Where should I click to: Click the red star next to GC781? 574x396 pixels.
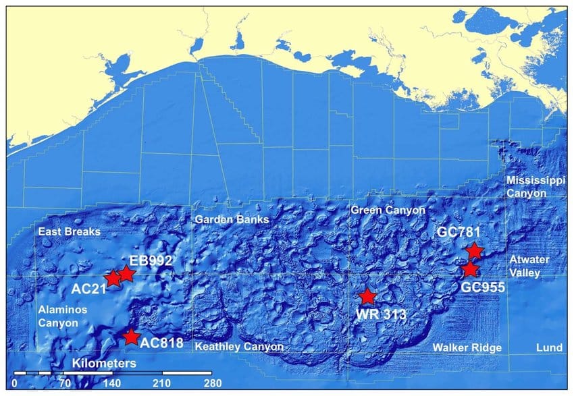coord(475,251)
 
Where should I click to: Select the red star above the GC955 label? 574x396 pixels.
coord(469,270)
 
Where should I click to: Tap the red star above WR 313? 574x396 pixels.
coord(367,296)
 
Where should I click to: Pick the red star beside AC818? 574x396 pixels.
coord(131,336)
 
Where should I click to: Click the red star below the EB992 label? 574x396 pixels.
coord(126,274)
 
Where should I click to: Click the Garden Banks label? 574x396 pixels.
coord(232,220)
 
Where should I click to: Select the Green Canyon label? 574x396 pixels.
coord(388,210)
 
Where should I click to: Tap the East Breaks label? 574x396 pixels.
coord(69,231)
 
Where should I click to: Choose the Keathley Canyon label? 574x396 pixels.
coord(238,347)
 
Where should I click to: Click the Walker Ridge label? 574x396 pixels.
coord(467,347)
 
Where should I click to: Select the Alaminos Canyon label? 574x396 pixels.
coord(58,316)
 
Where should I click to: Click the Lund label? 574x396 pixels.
coord(548,347)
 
